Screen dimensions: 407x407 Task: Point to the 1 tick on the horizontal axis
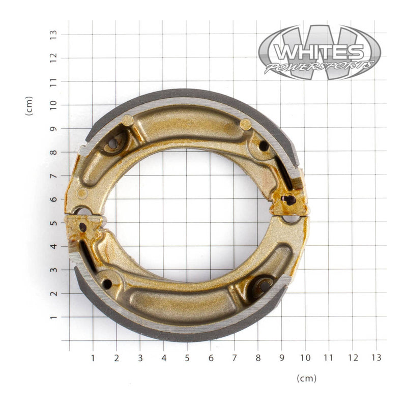click(93, 358)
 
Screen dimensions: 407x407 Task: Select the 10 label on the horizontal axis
click(305, 358)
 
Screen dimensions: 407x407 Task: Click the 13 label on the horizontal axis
click(375, 358)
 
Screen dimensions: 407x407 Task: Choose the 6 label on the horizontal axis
click(211, 358)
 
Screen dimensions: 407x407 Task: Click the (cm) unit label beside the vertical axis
click(29, 106)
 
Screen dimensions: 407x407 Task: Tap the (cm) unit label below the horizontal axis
click(306, 378)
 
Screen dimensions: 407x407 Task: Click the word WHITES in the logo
click(319, 52)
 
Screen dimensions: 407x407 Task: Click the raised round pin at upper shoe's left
click(127, 121)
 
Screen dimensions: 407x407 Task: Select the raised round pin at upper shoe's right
click(245, 124)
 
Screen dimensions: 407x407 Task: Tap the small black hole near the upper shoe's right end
click(264, 146)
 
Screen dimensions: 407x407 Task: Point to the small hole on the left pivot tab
click(83, 227)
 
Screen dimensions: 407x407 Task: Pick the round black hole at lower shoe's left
click(107, 284)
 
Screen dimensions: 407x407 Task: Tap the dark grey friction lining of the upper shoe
click(188, 95)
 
